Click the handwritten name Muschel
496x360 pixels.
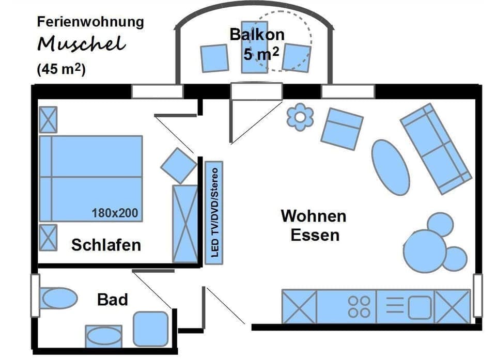coord(81,44)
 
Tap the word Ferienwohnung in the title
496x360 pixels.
coord(90,22)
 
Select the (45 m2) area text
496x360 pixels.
coord(61,68)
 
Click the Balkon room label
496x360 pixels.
coord(257,35)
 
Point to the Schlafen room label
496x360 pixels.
coord(106,244)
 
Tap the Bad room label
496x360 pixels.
coord(112,299)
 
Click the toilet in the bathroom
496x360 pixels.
coord(57,298)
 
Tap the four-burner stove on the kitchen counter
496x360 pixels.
coord(359,306)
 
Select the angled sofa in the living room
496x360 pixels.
coord(436,148)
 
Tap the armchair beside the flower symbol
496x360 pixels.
coord(342,129)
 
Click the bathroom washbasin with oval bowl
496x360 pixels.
coord(103,337)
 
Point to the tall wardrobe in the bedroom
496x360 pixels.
coord(184,224)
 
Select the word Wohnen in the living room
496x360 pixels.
coord(313,216)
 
